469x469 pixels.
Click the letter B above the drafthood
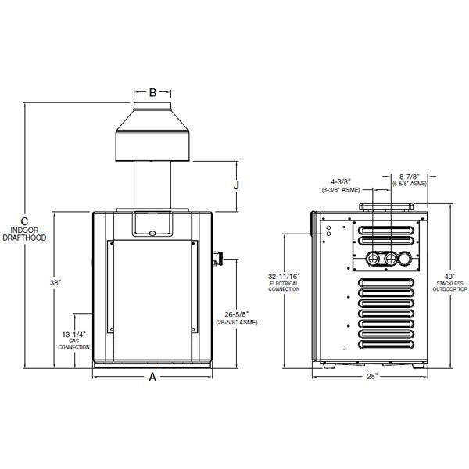pos(153,92)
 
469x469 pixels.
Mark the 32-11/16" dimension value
pos(283,276)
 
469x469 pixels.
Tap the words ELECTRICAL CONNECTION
pos(283,287)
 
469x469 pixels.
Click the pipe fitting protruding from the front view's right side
pos(219,256)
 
